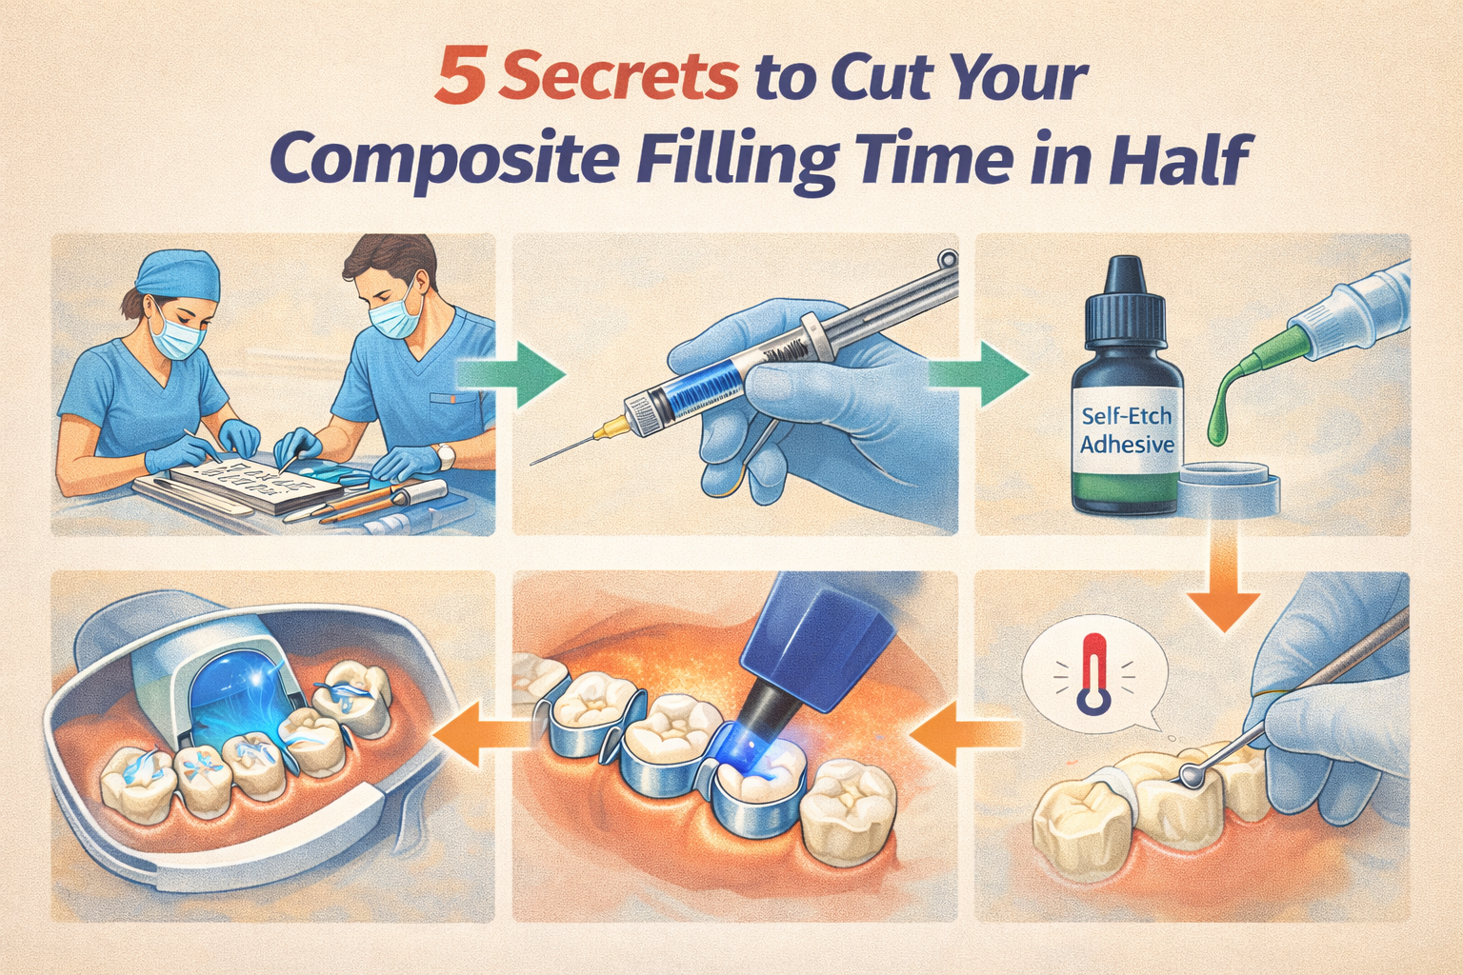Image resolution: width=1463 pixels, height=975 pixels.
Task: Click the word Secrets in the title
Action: point(619,78)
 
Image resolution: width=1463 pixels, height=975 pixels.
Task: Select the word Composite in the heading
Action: point(446,159)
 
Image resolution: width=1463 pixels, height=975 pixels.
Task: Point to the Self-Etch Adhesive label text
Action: point(1127,430)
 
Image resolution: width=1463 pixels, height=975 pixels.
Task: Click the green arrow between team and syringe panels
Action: point(514,373)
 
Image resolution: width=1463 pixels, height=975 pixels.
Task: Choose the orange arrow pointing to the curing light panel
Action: point(962,734)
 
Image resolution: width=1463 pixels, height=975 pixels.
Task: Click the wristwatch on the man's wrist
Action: point(446,458)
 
